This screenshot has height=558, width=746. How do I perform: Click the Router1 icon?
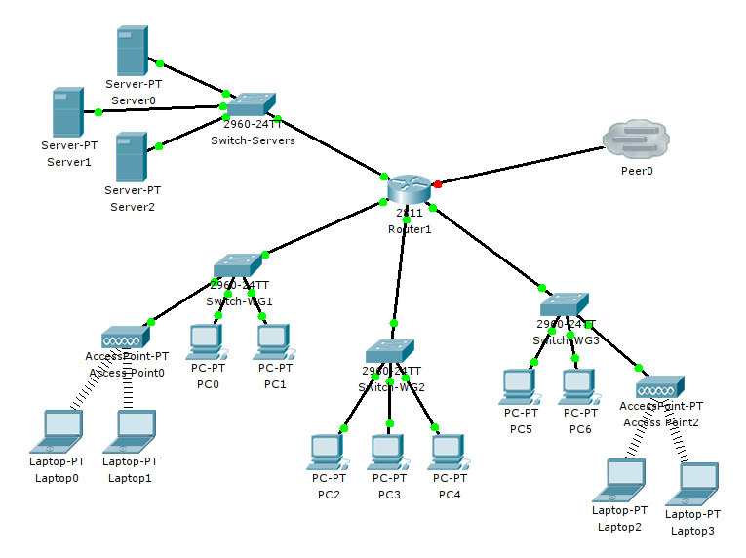coord(407,189)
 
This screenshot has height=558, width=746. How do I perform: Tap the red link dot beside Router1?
coord(438,183)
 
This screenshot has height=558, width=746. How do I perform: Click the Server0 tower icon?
coord(133,50)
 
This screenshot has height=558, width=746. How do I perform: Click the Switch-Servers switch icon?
coord(251,104)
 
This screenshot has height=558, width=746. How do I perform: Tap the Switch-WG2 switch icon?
coord(391,350)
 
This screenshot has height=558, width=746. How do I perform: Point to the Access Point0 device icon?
coord(126,338)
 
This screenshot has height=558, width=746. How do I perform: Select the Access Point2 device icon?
coord(662,387)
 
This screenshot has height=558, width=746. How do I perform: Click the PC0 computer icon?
coord(207,341)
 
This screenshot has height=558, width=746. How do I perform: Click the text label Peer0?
coord(637,171)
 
